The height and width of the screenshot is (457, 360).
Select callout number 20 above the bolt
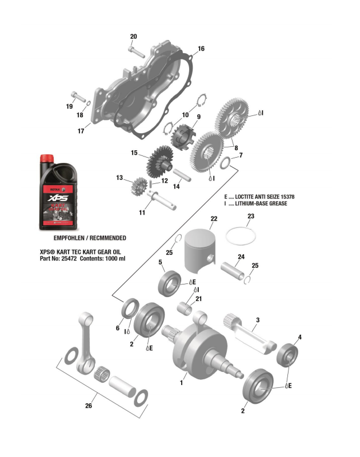point(133,37)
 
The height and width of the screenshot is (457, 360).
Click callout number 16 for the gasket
point(201,49)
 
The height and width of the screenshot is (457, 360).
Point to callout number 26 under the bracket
point(89,406)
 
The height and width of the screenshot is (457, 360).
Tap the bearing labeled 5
point(170,282)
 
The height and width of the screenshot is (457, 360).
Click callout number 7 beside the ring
point(241,155)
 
